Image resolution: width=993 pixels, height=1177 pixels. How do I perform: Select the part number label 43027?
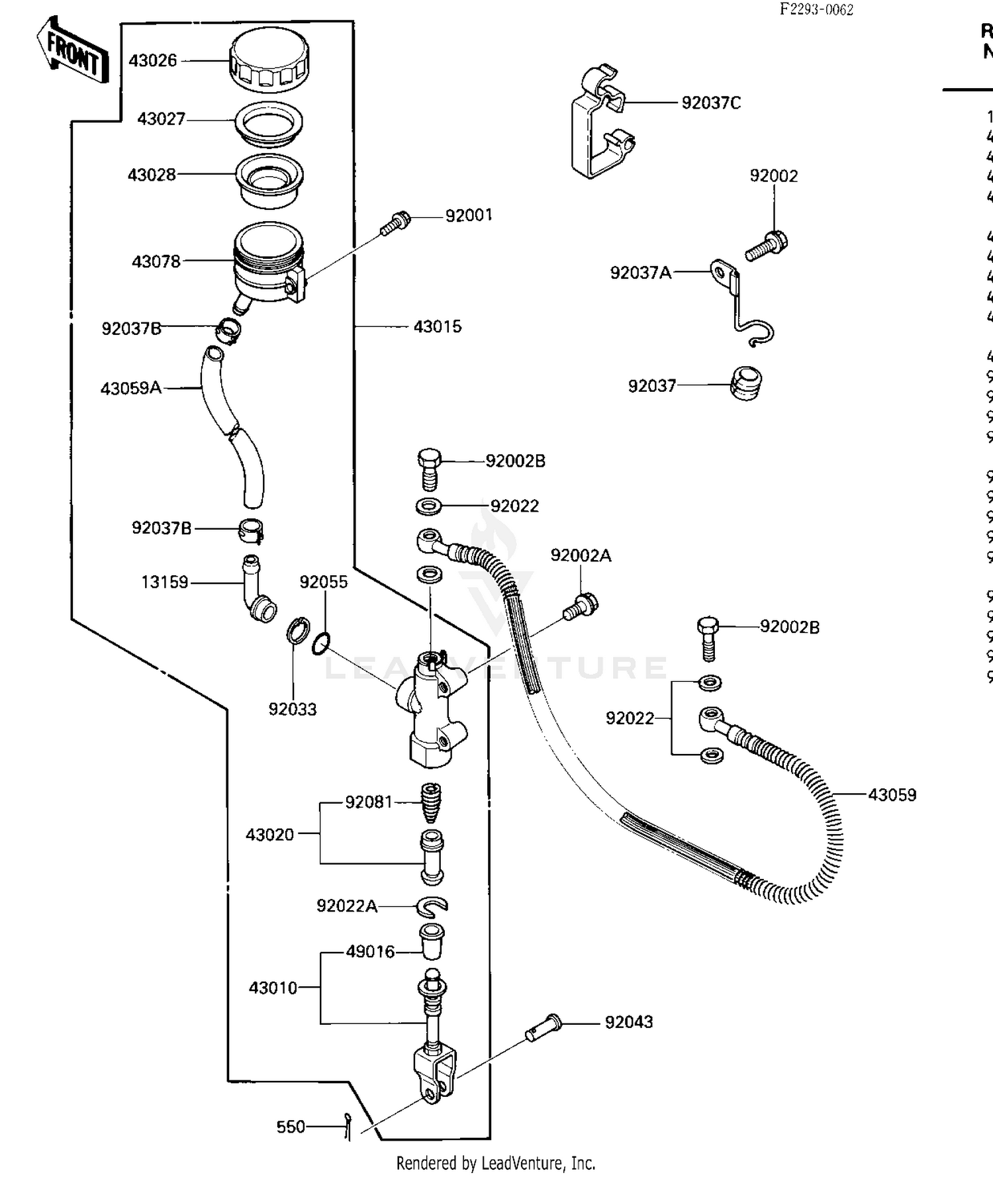point(161,119)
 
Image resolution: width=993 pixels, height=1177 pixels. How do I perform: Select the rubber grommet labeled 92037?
point(746,383)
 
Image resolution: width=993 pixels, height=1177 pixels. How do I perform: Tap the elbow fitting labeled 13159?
point(257,588)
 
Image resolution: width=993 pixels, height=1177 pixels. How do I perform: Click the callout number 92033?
point(292,709)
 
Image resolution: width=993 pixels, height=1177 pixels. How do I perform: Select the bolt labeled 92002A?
point(581,606)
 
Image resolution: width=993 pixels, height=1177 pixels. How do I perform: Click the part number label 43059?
point(892,794)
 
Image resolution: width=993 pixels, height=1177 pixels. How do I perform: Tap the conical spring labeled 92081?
point(432,802)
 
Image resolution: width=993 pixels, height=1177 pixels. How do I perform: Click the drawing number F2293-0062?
point(816,9)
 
